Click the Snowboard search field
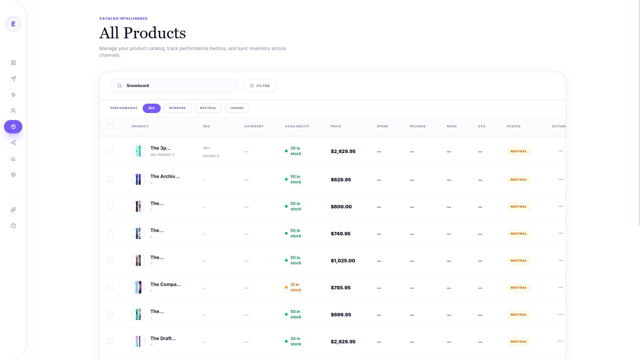tap(174, 86)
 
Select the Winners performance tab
tap(177, 108)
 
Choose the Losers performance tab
tap(237, 108)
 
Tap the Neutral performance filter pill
tap(208, 108)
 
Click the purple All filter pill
tap(152, 108)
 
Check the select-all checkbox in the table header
tap(110, 126)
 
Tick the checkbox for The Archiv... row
tap(110, 180)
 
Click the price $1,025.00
tap(343, 260)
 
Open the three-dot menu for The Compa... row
tap(560, 288)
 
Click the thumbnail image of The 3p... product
tap(138, 151)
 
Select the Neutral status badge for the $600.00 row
tap(518, 206)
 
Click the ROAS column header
tap(452, 126)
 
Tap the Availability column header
tap(297, 126)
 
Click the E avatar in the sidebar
tap(13, 24)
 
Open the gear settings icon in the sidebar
tap(13, 174)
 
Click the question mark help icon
tap(13, 226)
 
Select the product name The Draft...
tap(163, 338)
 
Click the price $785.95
tap(340, 288)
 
